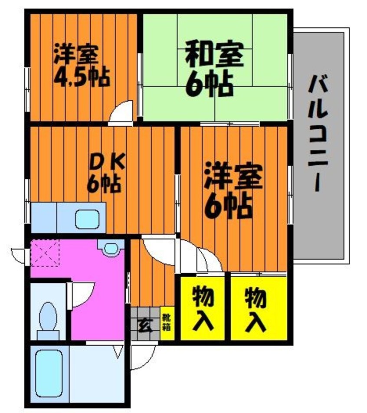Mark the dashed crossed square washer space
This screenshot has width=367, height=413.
[x=45, y=254]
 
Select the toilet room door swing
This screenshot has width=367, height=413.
[x=82, y=295]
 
